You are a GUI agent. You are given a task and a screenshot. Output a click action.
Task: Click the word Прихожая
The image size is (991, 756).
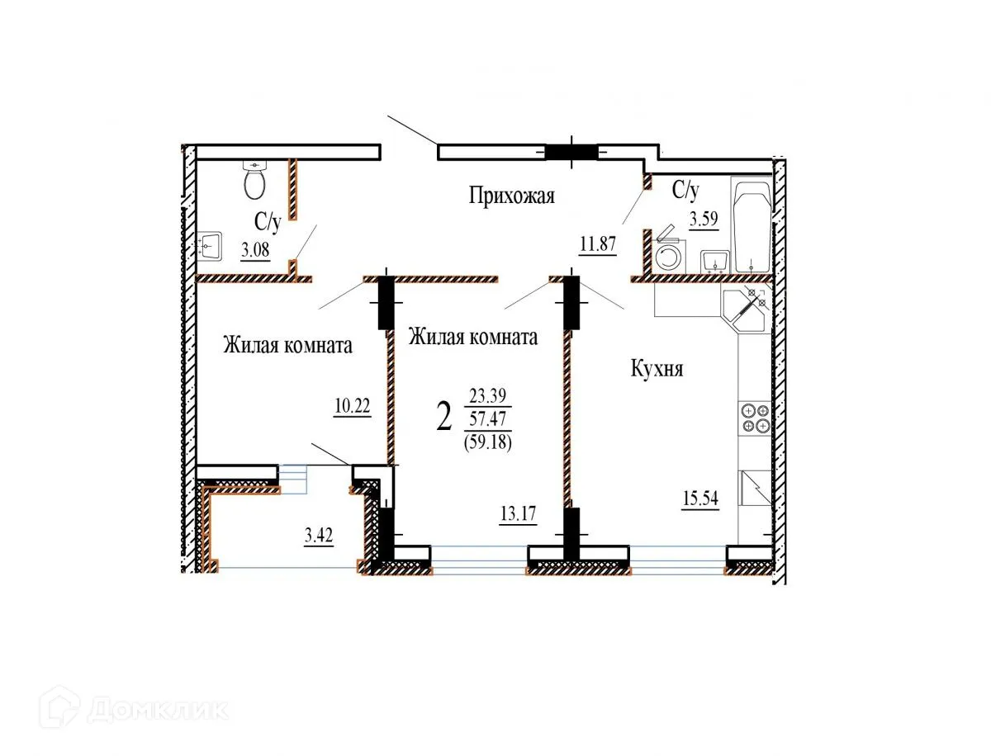coord(512,196)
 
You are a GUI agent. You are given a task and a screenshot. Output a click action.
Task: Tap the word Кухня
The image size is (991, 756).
coord(657,369)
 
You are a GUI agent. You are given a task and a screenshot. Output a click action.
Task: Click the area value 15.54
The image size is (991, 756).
coord(699,501)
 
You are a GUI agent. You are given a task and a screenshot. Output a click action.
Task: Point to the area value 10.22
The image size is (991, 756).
coord(352,408)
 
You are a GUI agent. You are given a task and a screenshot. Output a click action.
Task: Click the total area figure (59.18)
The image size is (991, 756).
coord(490,442)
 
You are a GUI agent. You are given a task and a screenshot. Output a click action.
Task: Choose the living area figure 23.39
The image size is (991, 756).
coord(490,395)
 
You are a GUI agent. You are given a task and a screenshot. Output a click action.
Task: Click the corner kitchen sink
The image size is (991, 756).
coord(745,310)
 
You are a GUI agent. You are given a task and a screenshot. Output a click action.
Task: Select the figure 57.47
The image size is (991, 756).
coord(490,418)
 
